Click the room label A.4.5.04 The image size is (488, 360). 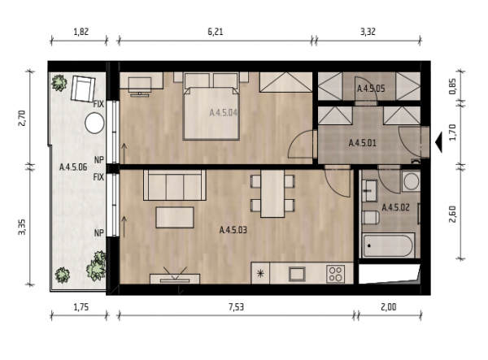[223, 112]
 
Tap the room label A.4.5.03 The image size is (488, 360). [233, 230]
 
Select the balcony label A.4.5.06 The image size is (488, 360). [73, 167]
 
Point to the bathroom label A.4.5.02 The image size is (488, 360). [395, 207]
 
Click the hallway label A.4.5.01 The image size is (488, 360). [362, 143]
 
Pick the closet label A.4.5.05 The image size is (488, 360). [371, 89]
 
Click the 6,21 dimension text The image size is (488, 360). [216, 32]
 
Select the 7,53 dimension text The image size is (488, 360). [236, 307]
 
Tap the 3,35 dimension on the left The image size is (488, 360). [22, 227]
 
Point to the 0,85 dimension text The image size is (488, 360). [453, 86]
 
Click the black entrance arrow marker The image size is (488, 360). [438, 142]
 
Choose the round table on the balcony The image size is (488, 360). [94, 124]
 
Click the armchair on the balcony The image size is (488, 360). [82, 89]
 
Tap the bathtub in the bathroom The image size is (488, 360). [388, 245]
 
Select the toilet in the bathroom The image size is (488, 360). [371, 217]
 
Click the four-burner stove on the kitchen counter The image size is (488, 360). [335, 274]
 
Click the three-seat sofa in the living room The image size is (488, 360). [175, 185]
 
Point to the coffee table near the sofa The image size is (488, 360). [175, 217]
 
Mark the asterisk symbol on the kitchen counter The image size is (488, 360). [260, 274]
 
